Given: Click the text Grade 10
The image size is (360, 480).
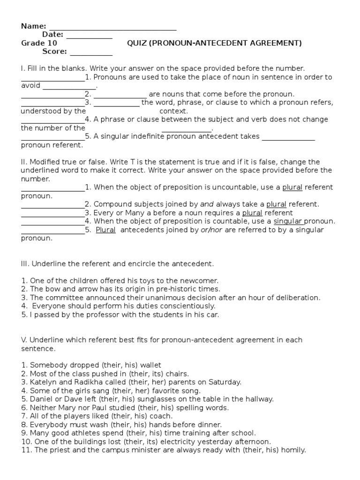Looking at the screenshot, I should (x=39, y=43).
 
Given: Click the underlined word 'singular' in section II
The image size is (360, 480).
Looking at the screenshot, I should (x=288, y=221).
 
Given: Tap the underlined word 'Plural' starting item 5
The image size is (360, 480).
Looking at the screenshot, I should (x=105, y=230).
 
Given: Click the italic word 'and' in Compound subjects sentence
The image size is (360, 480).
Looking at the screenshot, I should (x=206, y=204).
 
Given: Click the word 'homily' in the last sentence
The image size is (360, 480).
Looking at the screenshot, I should (x=292, y=450).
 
